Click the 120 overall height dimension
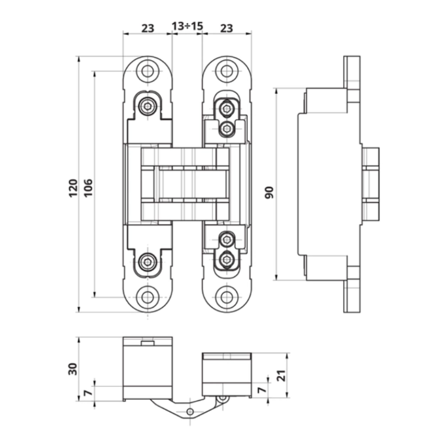pos(74,188)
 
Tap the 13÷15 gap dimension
pos(187,26)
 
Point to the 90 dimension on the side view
pos(269,192)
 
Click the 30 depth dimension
pos(73,369)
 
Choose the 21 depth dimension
pos(281,375)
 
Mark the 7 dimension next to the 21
pos(262,389)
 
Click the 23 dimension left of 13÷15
pos(148,28)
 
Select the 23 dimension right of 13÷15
pos(226,28)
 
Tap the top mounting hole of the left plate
pos(148,71)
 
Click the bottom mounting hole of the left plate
pos(148,298)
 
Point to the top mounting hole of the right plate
pos(226,71)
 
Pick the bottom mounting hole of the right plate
pos(226,298)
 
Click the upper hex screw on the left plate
pos(148,106)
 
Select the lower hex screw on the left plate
pos(148,262)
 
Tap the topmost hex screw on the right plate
pos(226,108)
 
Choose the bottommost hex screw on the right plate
pos(226,260)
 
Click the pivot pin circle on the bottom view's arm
pos(190,411)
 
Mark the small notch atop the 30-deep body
pos(148,343)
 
